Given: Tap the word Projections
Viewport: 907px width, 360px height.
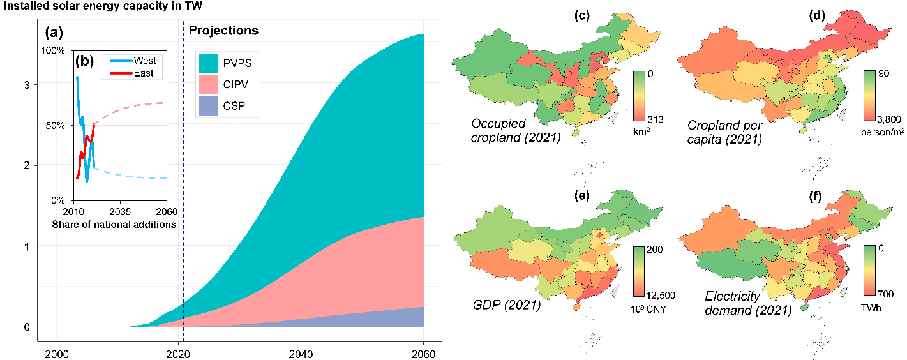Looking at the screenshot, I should (223, 31).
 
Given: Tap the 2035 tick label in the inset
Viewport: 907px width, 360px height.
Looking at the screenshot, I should (119, 211).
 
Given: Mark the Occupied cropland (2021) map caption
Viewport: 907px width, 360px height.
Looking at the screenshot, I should (515, 130).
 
